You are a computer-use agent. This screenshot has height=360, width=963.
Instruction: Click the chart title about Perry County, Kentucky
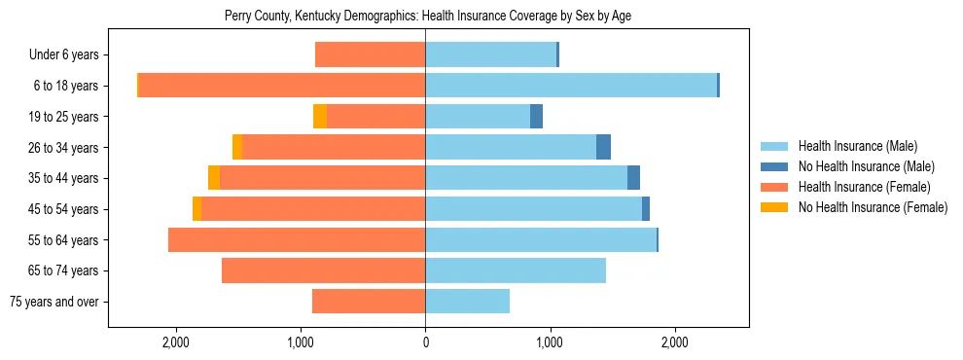(x=429, y=17)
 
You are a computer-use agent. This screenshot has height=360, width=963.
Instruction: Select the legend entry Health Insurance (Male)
(x=857, y=146)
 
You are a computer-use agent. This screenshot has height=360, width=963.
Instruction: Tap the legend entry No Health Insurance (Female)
(x=873, y=207)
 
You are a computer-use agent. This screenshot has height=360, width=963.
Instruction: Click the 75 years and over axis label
(x=54, y=302)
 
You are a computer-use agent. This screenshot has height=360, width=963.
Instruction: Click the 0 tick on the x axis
(x=425, y=343)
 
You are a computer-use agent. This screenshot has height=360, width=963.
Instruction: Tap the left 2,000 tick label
(x=176, y=343)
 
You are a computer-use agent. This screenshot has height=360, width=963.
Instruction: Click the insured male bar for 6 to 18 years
(x=571, y=86)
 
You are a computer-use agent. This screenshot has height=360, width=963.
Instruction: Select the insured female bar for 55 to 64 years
(x=297, y=239)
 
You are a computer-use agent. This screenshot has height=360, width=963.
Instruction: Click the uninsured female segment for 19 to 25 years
(x=320, y=117)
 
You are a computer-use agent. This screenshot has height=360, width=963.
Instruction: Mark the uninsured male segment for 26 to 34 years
(x=603, y=147)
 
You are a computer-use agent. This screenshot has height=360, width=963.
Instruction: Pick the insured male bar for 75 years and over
(x=467, y=302)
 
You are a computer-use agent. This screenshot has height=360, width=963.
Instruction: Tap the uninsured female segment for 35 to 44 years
(x=214, y=178)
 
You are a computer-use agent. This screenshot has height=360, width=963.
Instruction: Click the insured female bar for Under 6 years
(x=370, y=54)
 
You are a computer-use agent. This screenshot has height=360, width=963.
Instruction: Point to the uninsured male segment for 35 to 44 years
(x=633, y=178)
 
